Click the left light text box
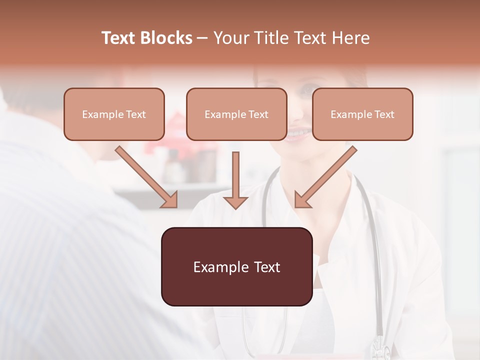pyautogui.click(x=114, y=114)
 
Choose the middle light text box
pyautogui.click(x=236, y=114)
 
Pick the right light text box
pyautogui.click(x=362, y=114)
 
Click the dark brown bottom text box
pyautogui.click(x=236, y=266)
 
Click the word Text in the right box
pyautogui.click(x=384, y=114)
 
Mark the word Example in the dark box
pyautogui.click(x=220, y=267)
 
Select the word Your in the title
pyautogui.click(x=229, y=38)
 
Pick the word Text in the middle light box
pyautogui.click(x=258, y=114)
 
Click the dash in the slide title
pyautogui.click(x=202, y=38)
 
